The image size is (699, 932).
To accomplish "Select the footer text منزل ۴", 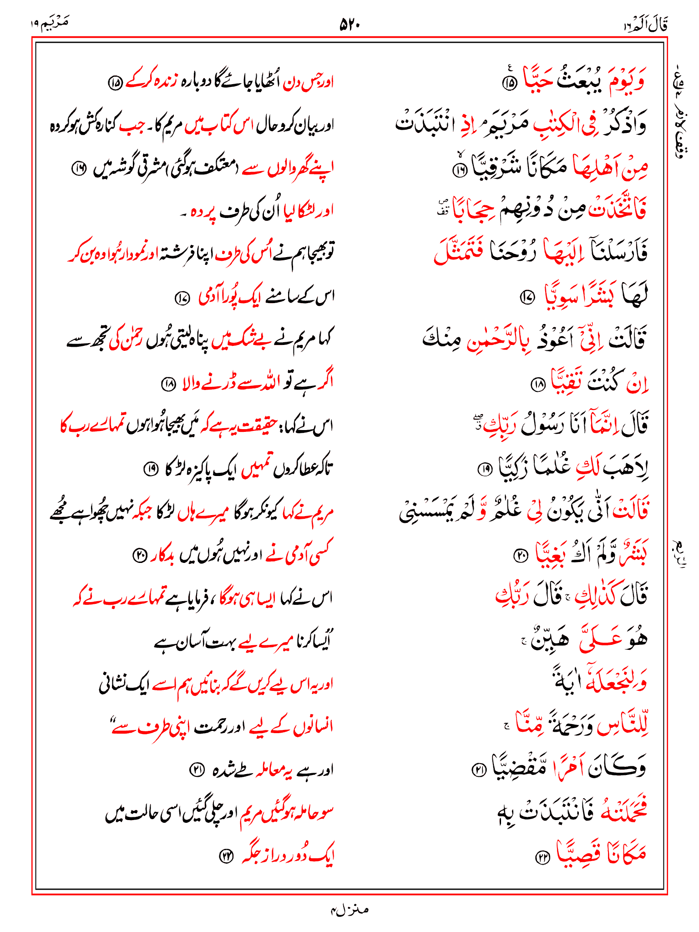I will [x=349, y=910].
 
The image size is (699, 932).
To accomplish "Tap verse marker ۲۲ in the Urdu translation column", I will [x=226, y=856].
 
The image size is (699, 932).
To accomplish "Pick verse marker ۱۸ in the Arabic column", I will [x=538, y=385].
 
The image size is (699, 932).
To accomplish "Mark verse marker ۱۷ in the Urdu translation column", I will [x=182, y=299].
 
